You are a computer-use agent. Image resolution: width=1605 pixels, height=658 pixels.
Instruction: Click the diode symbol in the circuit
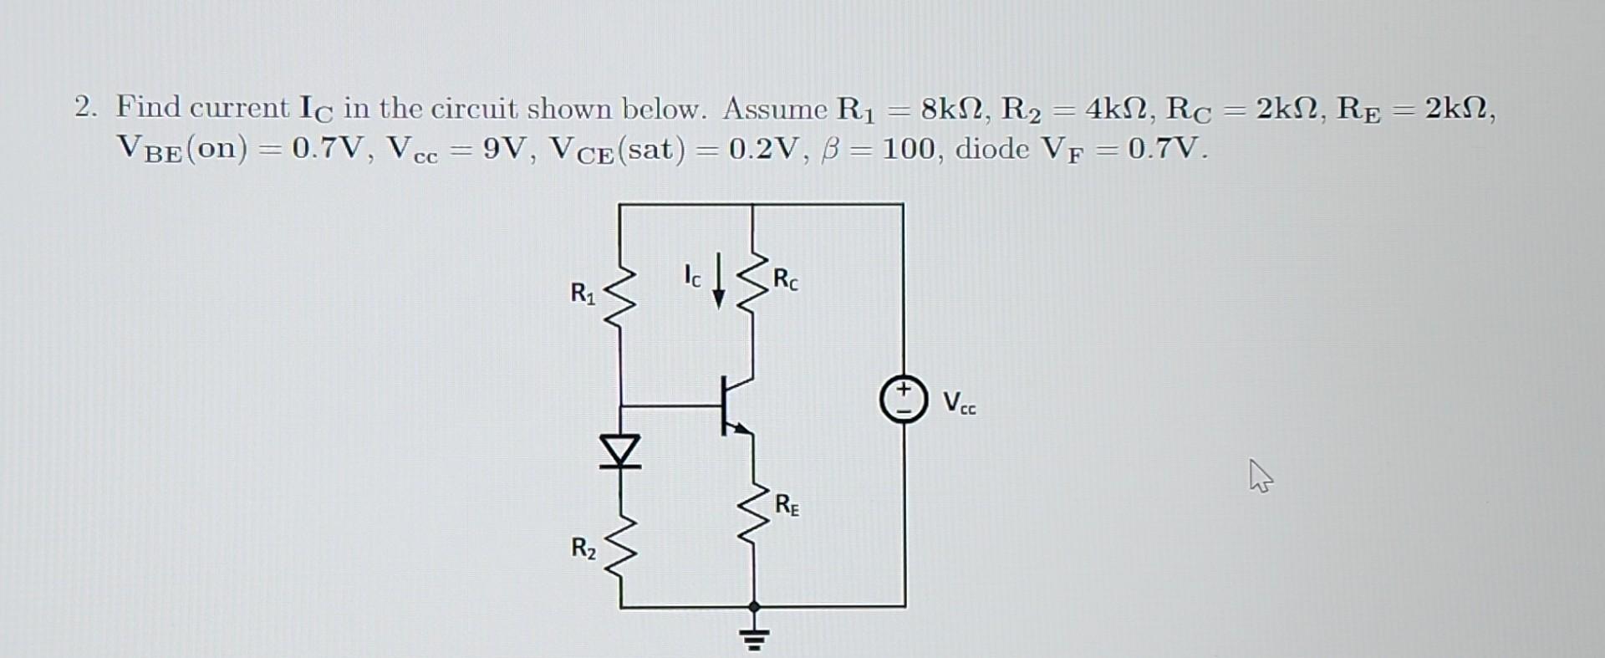[620, 451]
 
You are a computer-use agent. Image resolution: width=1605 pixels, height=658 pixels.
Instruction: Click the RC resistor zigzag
[753, 280]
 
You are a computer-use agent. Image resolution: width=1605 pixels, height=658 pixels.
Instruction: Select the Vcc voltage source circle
[903, 400]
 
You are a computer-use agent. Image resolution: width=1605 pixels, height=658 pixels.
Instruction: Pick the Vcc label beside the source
[959, 403]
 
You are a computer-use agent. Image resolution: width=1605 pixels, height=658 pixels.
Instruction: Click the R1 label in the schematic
[583, 293]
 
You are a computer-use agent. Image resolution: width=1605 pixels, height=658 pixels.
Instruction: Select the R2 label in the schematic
[583, 548]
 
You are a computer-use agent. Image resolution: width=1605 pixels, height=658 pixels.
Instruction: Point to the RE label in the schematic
[787, 505]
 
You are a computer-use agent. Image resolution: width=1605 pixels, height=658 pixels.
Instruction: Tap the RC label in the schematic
[785, 279]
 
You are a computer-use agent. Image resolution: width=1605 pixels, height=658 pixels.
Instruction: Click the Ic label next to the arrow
[692, 276]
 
